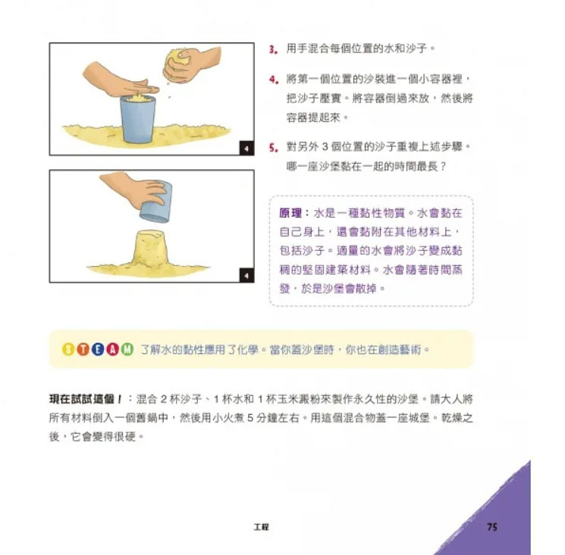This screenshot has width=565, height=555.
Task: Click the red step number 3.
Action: tap(272, 49)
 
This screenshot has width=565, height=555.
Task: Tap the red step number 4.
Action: tap(273, 80)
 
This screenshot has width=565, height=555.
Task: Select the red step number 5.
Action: tap(273, 148)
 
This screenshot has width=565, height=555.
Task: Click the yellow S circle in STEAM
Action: tap(68, 349)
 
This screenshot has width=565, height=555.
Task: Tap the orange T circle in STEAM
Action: tap(83, 349)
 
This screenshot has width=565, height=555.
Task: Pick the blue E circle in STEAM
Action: tap(98, 349)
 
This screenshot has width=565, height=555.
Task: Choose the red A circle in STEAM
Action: tap(113, 349)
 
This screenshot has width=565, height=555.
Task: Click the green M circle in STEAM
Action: tap(127, 349)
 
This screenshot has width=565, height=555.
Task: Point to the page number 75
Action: tap(492, 527)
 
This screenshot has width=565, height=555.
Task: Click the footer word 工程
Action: tap(261, 527)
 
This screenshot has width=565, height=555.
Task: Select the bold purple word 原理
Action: tap(290, 213)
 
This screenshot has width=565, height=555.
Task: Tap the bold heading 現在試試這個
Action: tap(82, 399)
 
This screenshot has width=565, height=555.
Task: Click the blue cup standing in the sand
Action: tap(137, 119)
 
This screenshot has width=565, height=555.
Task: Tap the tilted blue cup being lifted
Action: tap(155, 202)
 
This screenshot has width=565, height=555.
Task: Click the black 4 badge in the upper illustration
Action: tap(246, 149)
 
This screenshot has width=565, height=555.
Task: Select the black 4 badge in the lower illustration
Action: tap(246, 275)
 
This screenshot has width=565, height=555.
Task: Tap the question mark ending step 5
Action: tap(442, 167)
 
